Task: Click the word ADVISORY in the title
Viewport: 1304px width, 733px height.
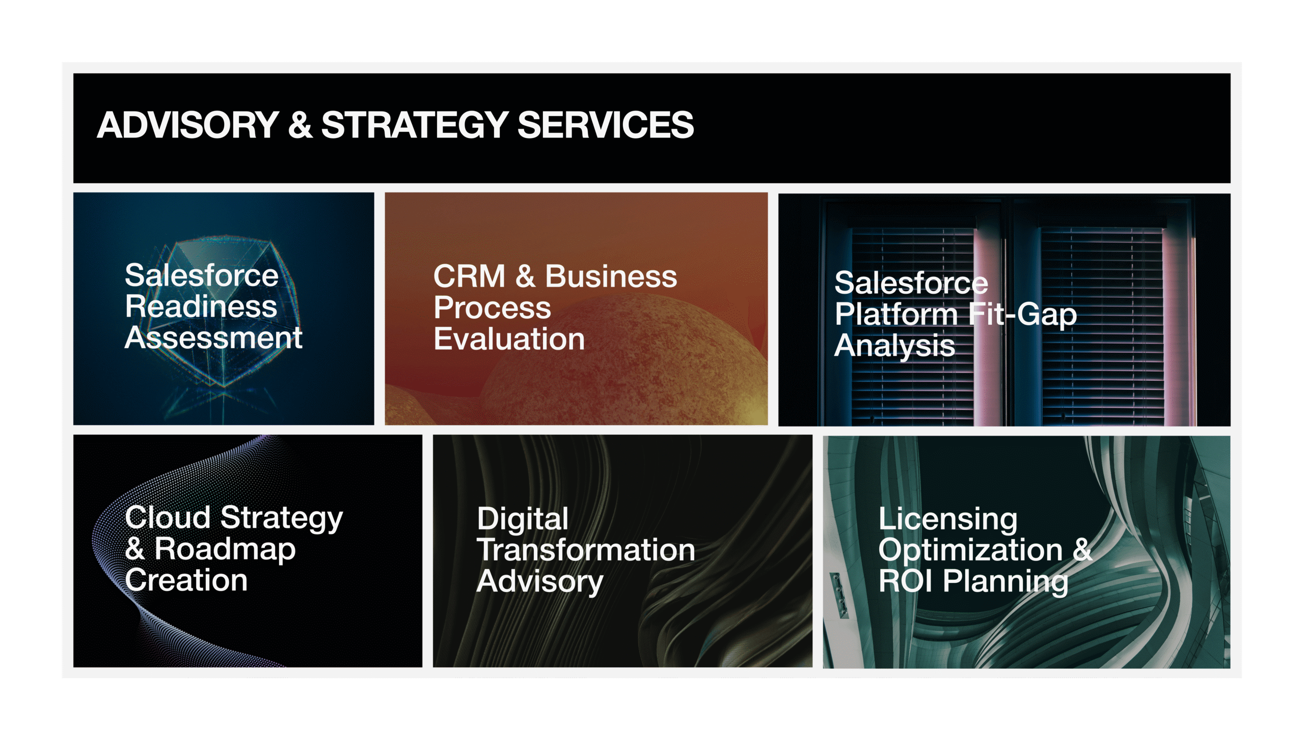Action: (188, 125)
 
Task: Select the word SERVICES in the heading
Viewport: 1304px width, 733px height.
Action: (606, 125)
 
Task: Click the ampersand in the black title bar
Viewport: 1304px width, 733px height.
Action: (300, 125)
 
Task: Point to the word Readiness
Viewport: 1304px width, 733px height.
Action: (201, 306)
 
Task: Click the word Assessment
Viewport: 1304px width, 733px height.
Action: (214, 337)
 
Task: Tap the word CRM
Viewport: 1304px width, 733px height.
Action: (469, 276)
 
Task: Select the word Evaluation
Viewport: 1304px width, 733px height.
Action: (509, 339)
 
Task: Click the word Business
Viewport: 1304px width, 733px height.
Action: (611, 276)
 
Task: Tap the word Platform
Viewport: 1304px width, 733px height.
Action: (896, 314)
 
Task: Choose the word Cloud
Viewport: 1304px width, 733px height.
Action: (168, 518)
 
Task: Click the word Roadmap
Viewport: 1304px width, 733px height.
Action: (225, 550)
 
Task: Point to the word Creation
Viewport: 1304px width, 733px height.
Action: (186, 580)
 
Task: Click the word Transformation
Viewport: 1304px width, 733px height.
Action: (586, 550)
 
